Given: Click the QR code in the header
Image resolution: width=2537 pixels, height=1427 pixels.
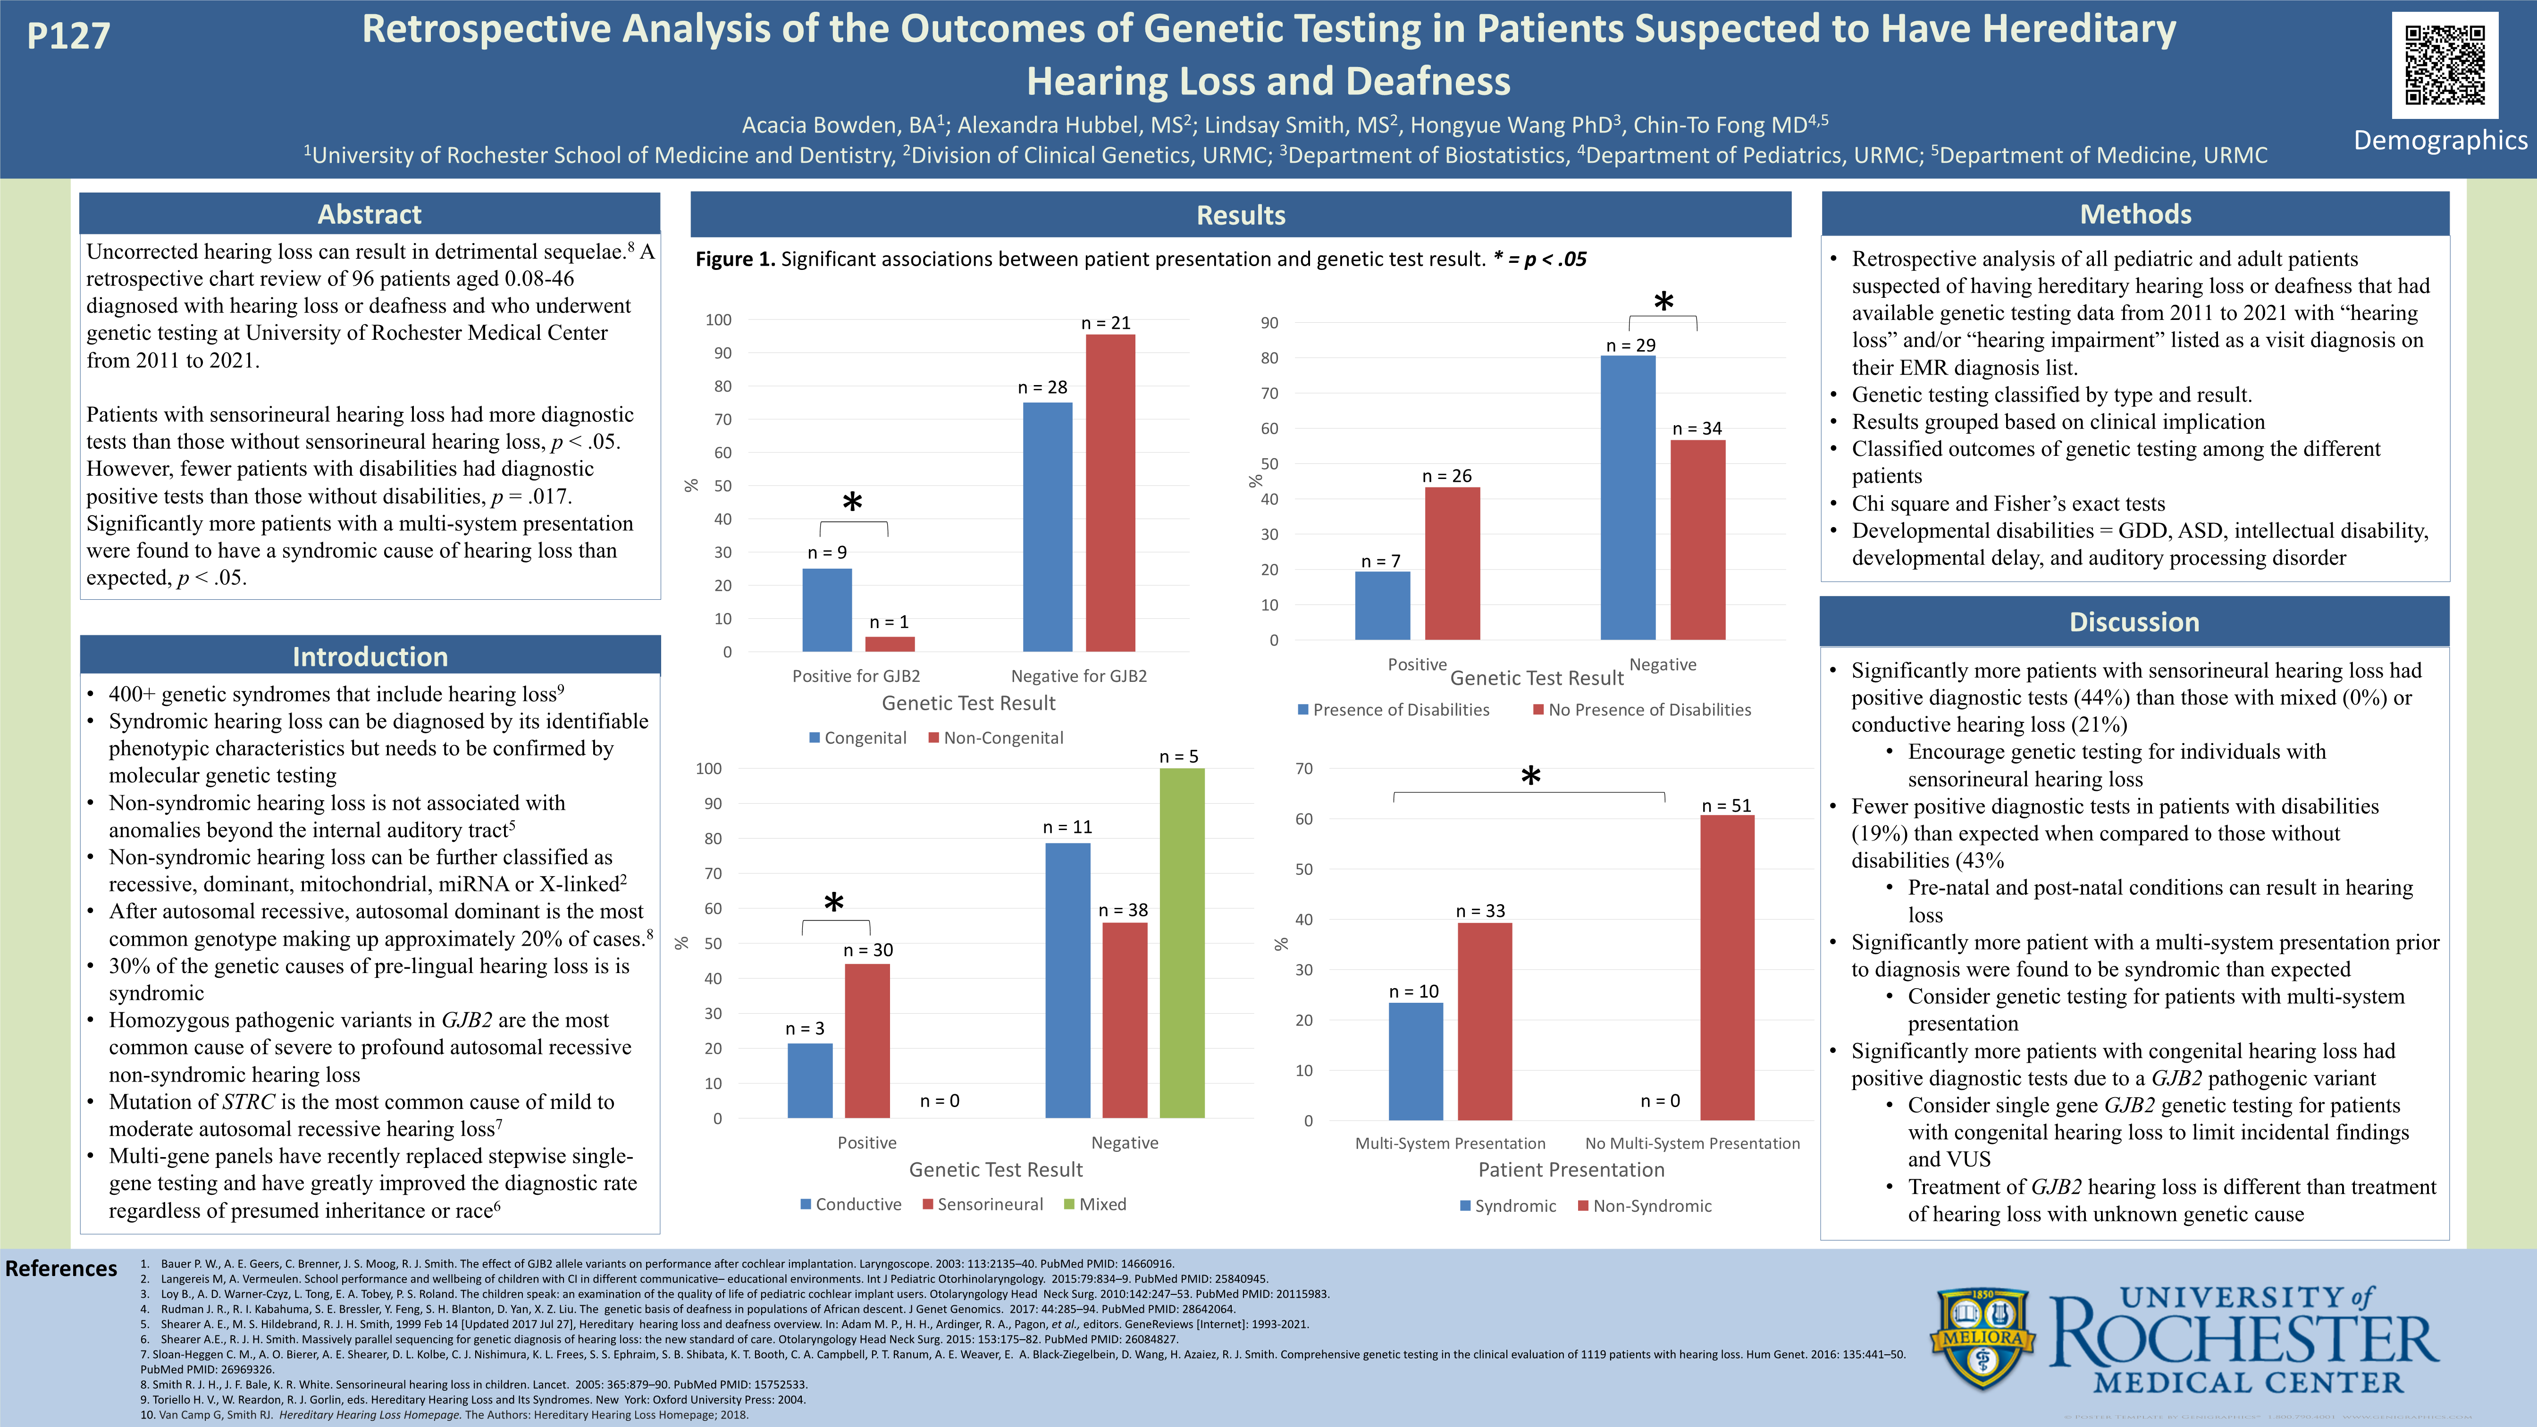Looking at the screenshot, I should click(x=2445, y=65).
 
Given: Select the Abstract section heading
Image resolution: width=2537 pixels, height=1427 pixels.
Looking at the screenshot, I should click(x=370, y=214).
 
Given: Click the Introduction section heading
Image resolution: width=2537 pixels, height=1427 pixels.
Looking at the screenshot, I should click(x=370, y=656).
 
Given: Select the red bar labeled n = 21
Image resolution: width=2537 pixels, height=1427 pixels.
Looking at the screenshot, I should click(x=1110, y=492).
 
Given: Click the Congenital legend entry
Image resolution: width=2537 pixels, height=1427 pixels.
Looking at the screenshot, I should click(x=857, y=738).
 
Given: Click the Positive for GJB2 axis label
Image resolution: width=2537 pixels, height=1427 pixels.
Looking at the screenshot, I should click(x=856, y=676).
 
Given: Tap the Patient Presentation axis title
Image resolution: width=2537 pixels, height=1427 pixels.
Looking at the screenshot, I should click(x=1571, y=1170).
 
